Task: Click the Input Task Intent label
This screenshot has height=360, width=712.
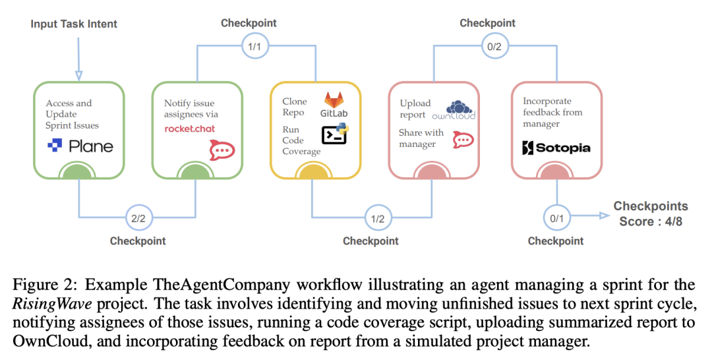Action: click(x=74, y=24)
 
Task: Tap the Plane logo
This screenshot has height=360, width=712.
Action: click(x=80, y=146)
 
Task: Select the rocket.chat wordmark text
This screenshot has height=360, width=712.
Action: click(x=190, y=129)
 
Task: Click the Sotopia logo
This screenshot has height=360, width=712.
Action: click(x=556, y=147)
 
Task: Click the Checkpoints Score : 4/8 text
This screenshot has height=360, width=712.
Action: click(x=650, y=214)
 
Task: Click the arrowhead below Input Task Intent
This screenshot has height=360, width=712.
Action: click(x=78, y=75)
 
